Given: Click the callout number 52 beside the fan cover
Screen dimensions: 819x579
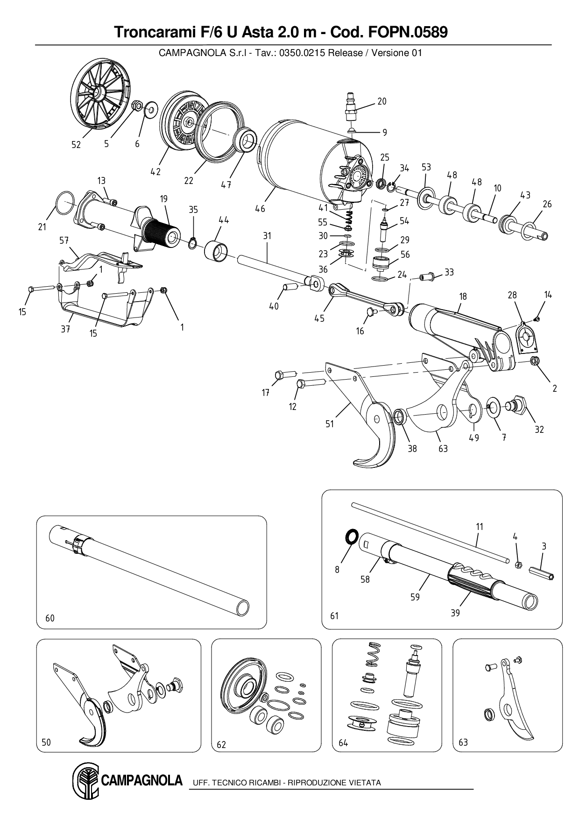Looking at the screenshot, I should pos(76,145).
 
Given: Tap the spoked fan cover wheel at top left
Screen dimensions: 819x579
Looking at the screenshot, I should pos(100,93).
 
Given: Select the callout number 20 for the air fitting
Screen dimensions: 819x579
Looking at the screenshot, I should pos(382,101).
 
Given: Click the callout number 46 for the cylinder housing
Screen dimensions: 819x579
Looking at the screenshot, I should pos(260,209).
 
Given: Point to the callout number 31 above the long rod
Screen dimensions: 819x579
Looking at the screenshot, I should pos(267,236).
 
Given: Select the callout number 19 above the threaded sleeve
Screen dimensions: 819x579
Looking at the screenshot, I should pos(163,199).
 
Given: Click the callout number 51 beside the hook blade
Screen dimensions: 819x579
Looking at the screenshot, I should pos(330,424).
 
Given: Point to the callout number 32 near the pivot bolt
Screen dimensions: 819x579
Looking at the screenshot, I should pos(539,430).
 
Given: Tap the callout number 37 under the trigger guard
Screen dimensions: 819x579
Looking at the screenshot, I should pos(65,329).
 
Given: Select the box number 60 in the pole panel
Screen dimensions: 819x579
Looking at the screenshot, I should pos(50,618).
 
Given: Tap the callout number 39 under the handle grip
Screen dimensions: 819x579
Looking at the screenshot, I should pos(455,613).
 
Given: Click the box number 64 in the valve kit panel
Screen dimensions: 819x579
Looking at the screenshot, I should pos(343,743).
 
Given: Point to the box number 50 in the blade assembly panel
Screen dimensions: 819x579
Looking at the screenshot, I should pos(46,742).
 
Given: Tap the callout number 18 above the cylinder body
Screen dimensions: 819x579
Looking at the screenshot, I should pos(463,297).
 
